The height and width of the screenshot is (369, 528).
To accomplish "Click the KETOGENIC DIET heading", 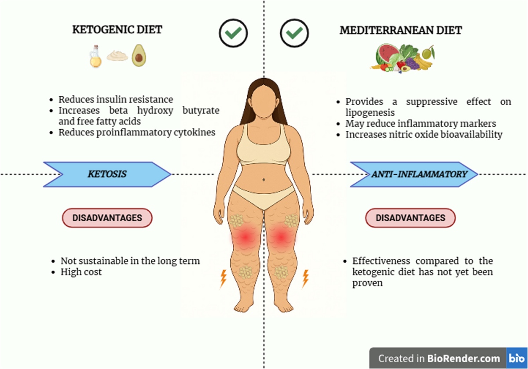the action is (117, 30).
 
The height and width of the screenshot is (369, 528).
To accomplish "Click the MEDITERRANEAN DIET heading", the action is (401, 30).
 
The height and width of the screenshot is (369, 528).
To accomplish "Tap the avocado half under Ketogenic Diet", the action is (139, 55).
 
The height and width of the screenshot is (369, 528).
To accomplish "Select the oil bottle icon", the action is (95, 56).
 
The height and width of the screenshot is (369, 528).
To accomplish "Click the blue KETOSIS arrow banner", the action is (107, 174).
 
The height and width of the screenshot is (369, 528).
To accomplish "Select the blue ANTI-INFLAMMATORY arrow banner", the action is (414, 174).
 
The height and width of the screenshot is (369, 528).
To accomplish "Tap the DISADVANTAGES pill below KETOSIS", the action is (107, 218).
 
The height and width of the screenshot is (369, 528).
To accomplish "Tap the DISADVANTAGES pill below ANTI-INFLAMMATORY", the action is (411, 218).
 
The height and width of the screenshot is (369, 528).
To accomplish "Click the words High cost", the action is (81, 272).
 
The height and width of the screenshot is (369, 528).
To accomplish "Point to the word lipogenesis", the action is (370, 113).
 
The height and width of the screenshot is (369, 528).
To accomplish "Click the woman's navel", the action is (264, 180).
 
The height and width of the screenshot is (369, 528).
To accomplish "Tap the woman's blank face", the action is (264, 101).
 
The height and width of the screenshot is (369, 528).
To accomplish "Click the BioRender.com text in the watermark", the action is (464, 358).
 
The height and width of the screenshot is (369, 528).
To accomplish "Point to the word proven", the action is (367, 283).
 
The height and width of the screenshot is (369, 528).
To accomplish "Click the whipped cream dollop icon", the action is (117, 56).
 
